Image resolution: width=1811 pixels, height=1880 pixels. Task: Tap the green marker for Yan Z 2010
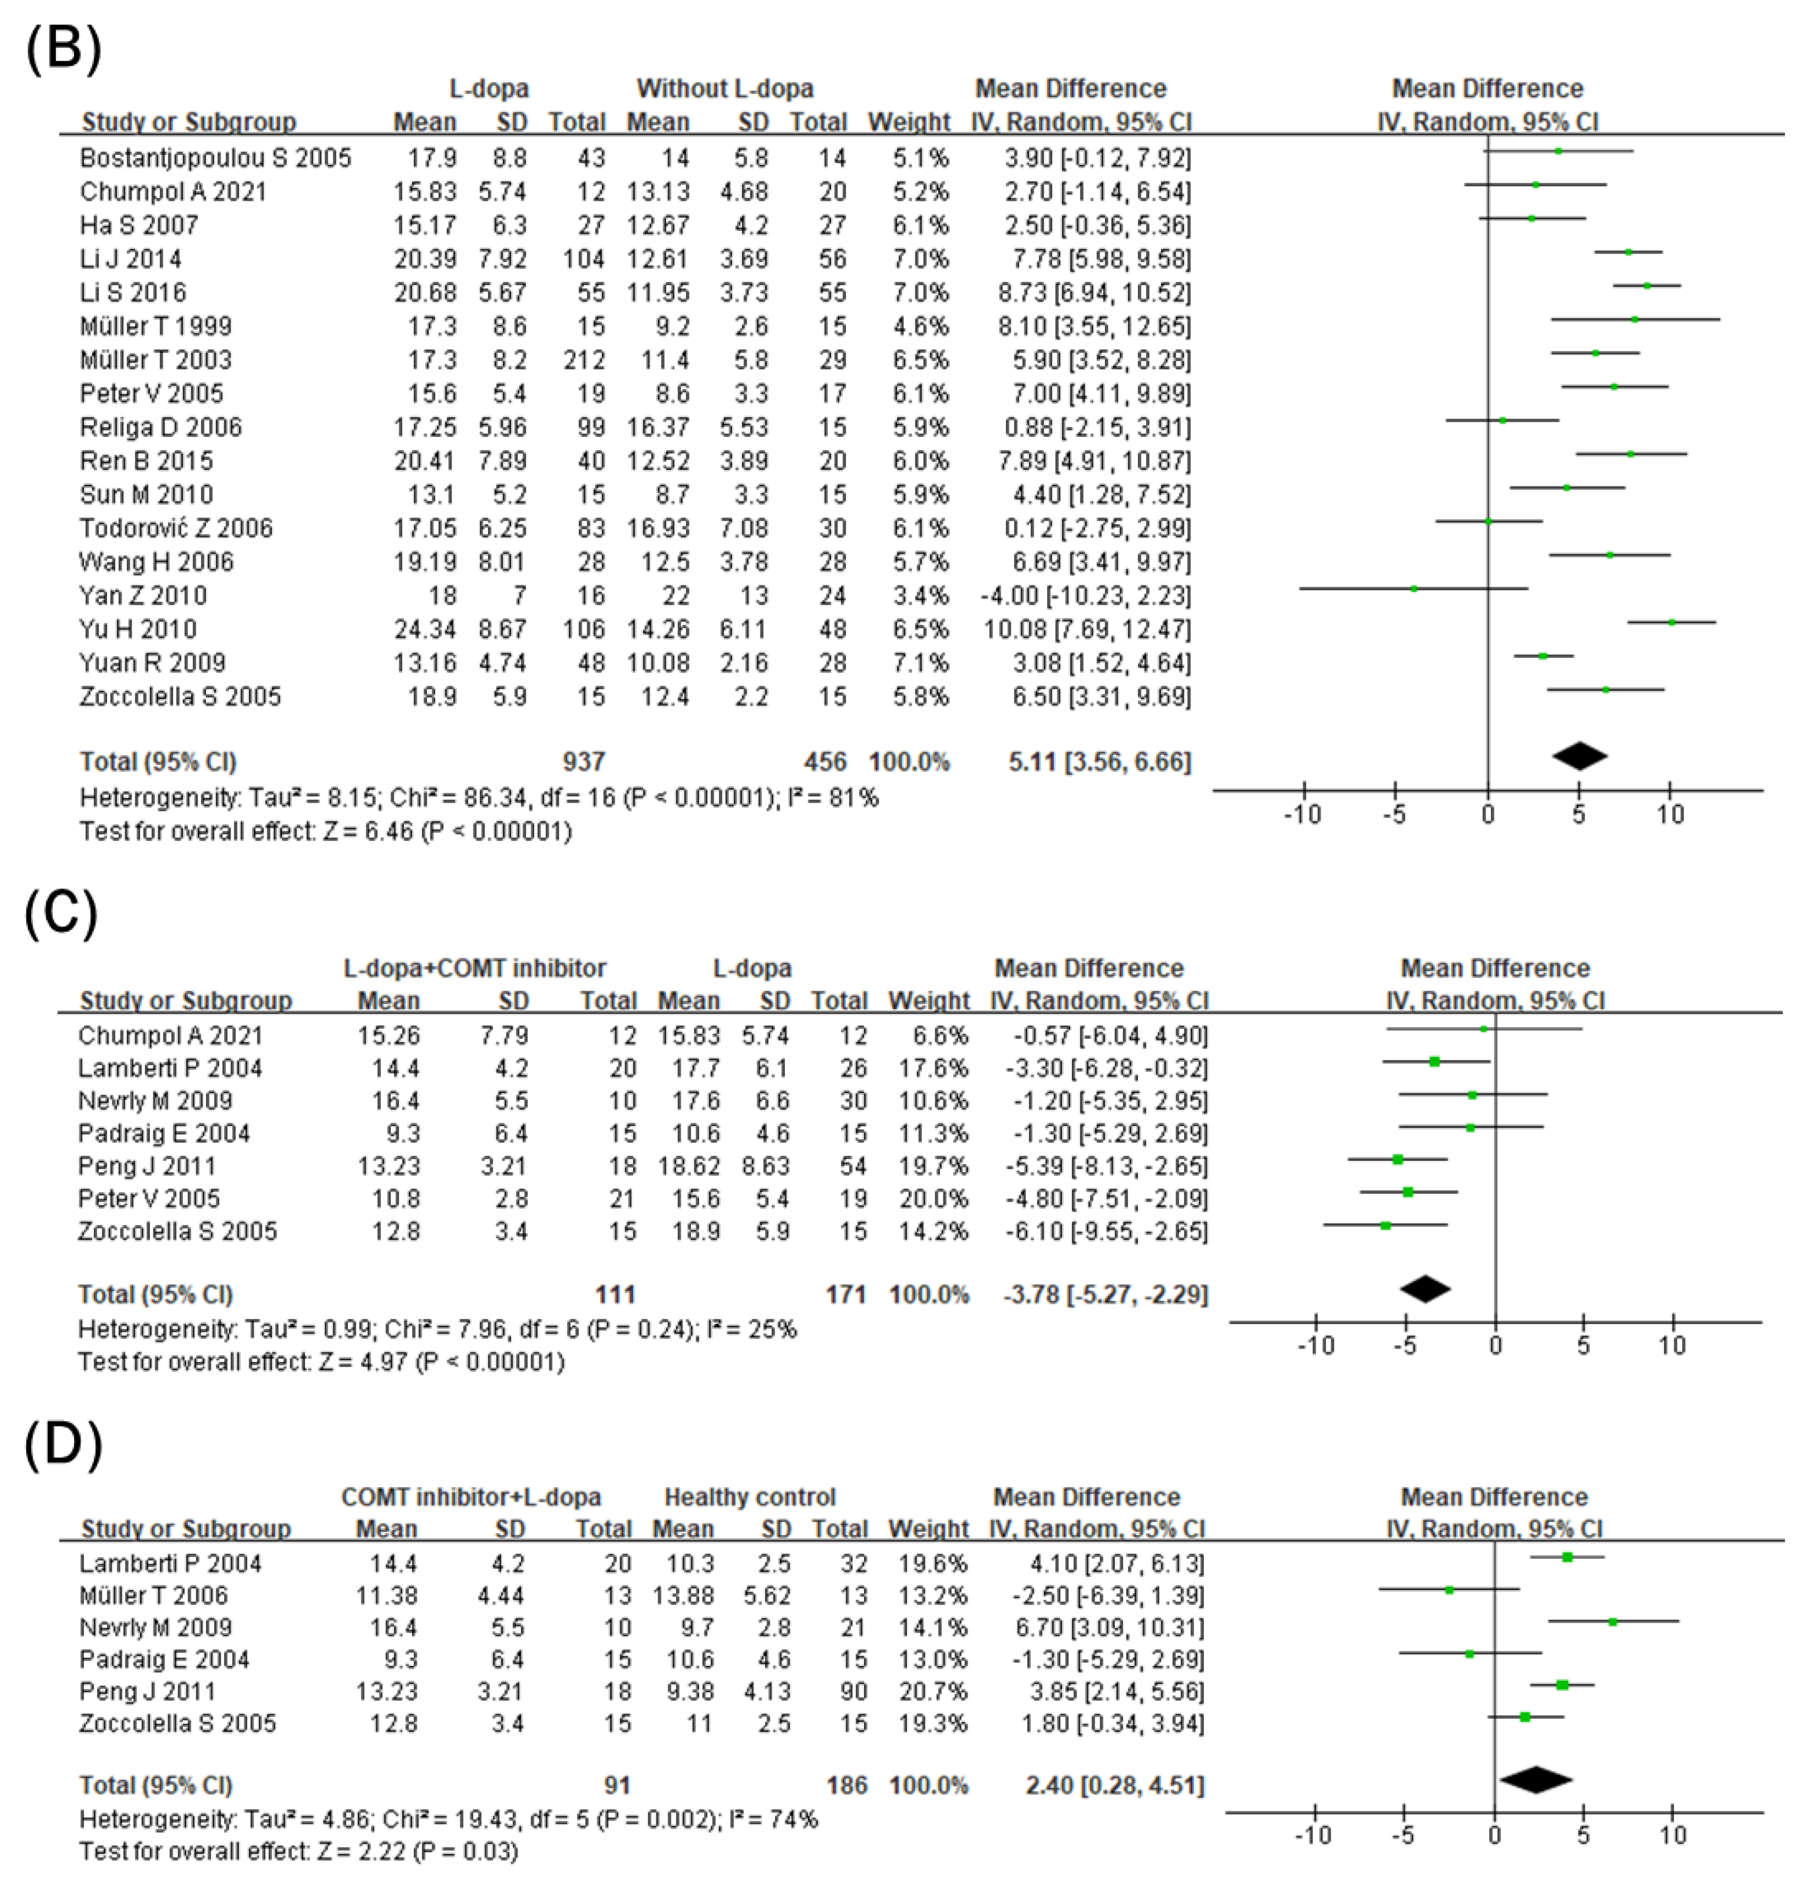[x=1414, y=588]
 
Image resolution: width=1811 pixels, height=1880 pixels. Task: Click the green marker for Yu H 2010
[x=1672, y=623]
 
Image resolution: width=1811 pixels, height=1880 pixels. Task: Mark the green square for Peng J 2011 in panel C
[x=1398, y=1160]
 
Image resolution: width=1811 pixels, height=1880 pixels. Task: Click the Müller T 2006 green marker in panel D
[x=1449, y=1590]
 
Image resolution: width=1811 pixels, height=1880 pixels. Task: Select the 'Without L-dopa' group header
[x=725, y=89]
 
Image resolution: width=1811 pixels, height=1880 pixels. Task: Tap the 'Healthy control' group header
[x=750, y=1498]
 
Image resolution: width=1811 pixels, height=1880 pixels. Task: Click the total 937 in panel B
[x=583, y=763]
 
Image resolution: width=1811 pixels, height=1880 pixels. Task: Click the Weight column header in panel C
[x=928, y=1002]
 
